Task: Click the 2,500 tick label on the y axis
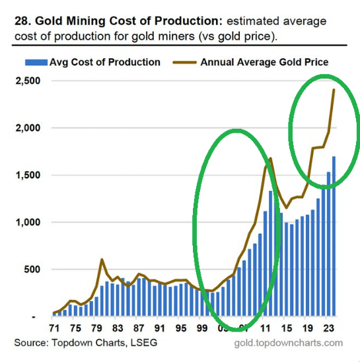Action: (x=28, y=81)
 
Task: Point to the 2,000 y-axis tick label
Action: (x=28, y=127)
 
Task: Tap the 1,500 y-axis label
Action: (x=28, y=175)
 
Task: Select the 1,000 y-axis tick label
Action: (x=28, y=222)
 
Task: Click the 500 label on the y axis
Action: (x=32, y=270)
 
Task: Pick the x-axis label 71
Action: (x=55, y=328)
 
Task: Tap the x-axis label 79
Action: (x=96, y=328)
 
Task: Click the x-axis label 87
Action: (x=139, y=328)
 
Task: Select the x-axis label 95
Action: (x=181, y=328)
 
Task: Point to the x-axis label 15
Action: (x=287, y=328)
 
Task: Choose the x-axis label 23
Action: (x=328, y=328)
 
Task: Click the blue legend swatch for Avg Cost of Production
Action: (x=36, y=62)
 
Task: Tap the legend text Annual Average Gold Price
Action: (x=264, y=62)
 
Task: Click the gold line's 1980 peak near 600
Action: (x=102, y=260)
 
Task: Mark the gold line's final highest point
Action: (x=334, y=90)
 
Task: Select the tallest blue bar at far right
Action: (x=334, y=236)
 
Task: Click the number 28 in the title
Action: (x=21, y=21)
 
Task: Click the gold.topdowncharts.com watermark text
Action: (x=289, y=343)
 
